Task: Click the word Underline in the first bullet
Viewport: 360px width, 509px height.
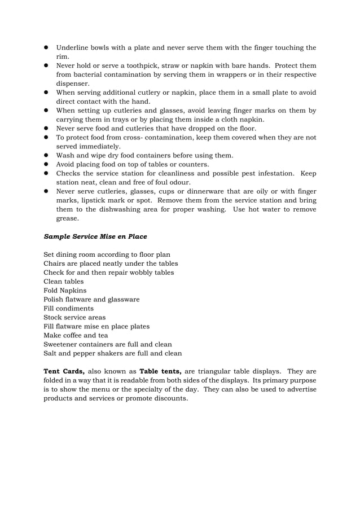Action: click(x=74, y=47)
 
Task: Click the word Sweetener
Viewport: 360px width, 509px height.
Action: click(x=63, y=344)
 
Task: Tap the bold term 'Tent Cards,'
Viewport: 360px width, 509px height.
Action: click(x=64, y=371)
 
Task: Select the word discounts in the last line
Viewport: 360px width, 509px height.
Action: click(x=170, y=398)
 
